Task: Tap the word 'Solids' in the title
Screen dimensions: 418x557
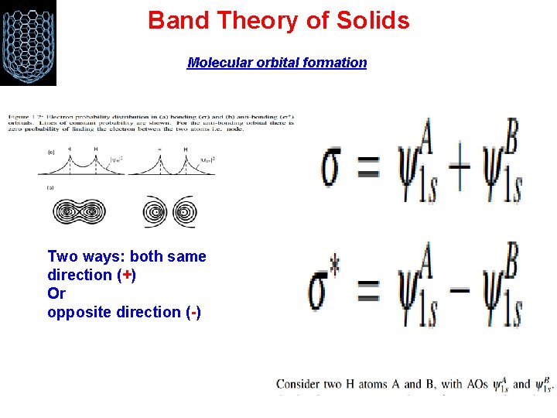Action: tap(372, 20)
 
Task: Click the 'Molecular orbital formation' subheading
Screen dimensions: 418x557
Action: tap(277, 63)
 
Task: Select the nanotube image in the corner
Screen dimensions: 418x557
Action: tap(28, 43)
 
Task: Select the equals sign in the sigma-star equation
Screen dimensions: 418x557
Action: tap(369, 292)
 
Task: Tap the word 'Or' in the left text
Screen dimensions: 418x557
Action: tap(56, 293)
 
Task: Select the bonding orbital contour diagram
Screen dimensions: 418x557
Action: tap(80, 211)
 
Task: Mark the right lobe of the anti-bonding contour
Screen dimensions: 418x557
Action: tap(185, 212)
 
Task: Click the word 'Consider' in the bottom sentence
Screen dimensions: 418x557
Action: tap(303, 383)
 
